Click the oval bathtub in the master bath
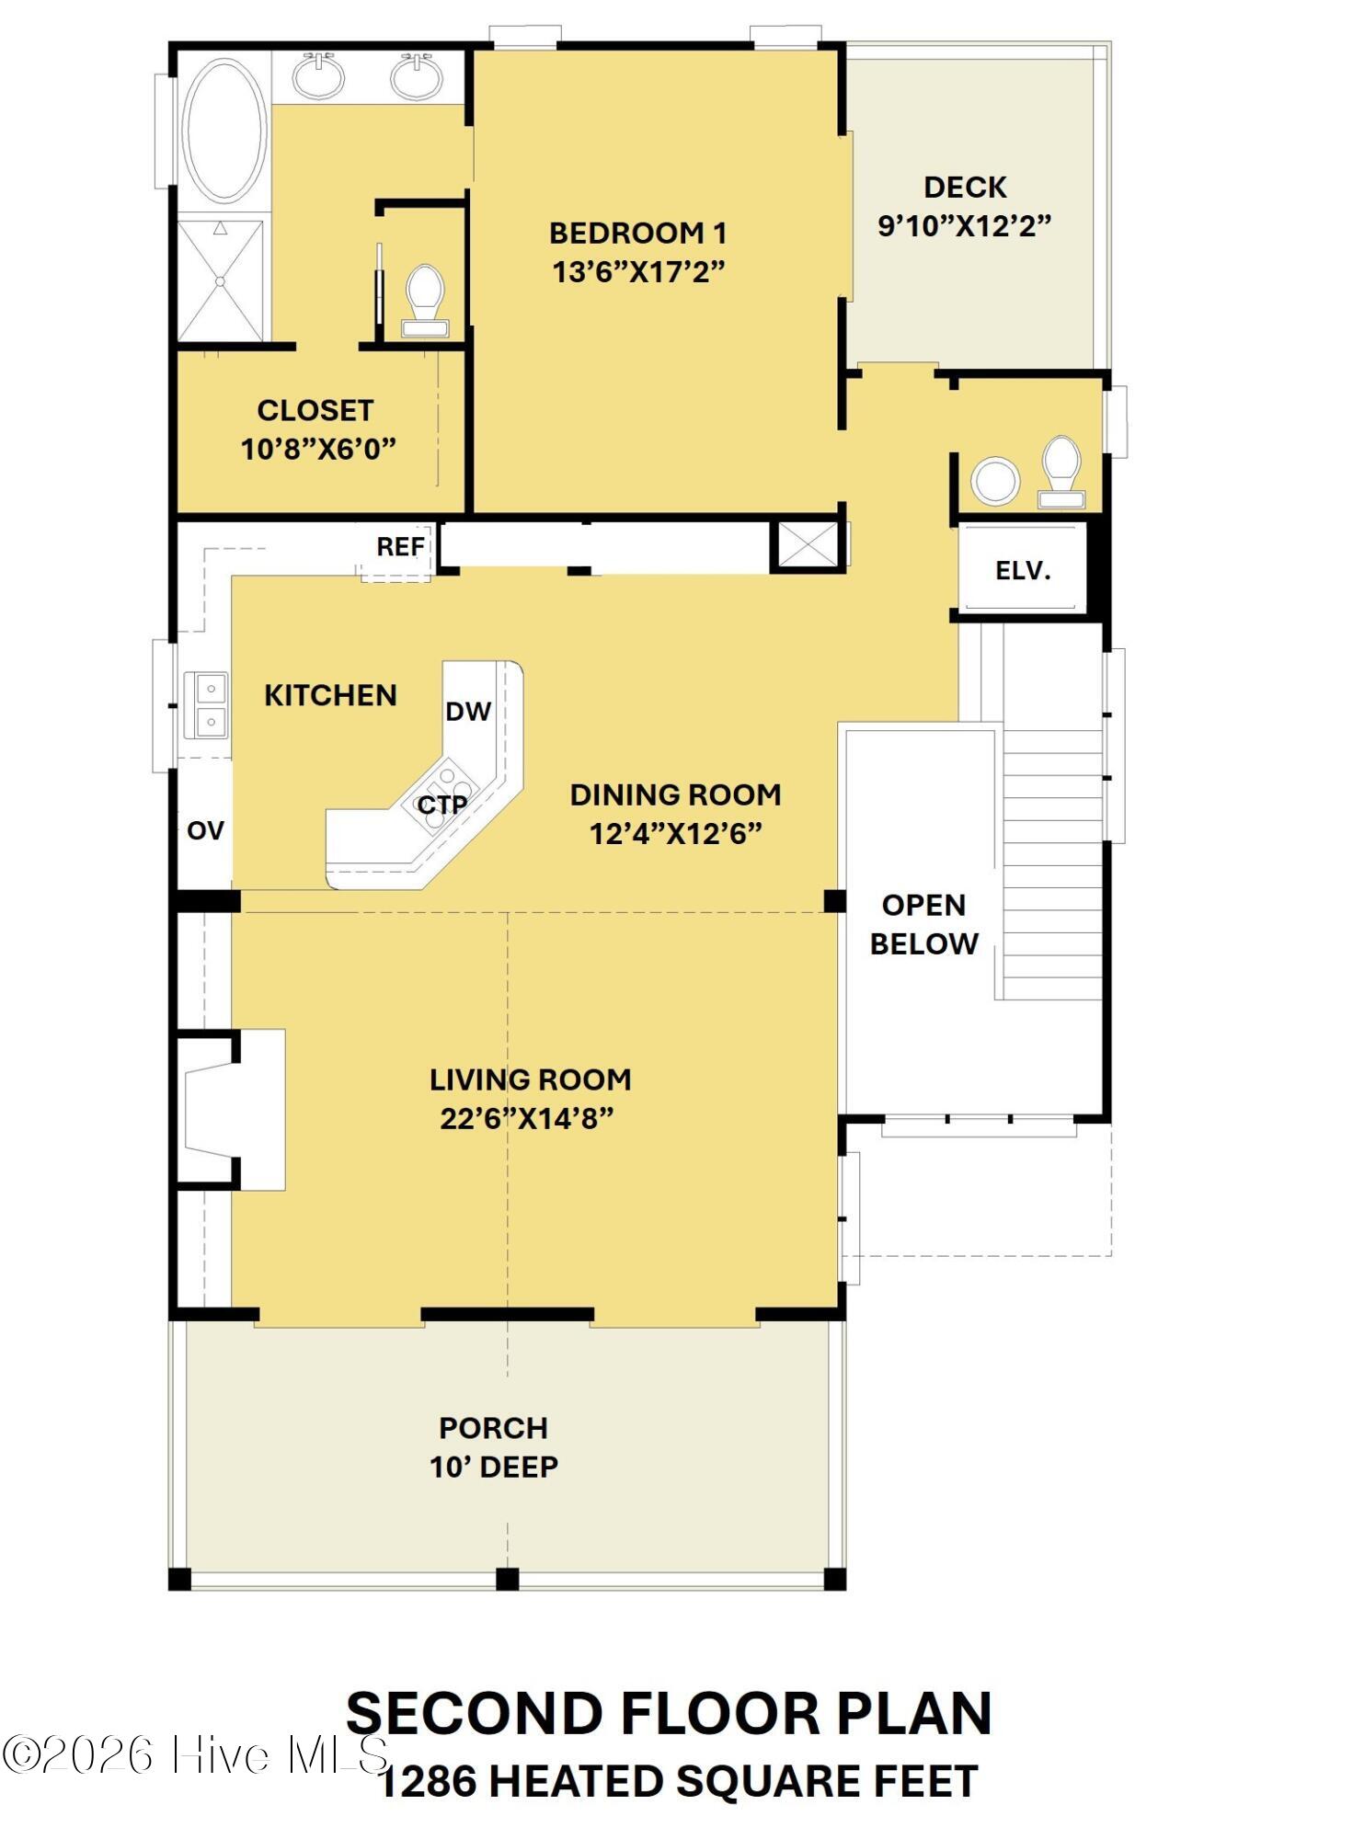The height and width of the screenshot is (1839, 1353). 224,131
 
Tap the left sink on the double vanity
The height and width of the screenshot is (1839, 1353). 319,77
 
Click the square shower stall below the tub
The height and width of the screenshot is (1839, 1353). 220,280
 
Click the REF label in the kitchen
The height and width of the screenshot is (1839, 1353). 401,547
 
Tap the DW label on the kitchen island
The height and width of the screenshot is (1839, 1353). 468,711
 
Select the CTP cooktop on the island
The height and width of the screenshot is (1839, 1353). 442,805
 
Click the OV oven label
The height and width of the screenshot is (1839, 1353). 205,830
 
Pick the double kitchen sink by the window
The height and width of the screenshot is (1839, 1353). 207,704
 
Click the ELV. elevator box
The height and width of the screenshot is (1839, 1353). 1022,570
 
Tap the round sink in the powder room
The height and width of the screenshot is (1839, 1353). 995,480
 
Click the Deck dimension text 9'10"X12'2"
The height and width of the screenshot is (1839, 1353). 964,225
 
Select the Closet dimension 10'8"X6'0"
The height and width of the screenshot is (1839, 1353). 317,450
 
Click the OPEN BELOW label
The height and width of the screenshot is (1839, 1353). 923,924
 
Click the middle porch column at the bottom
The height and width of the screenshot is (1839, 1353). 507,1579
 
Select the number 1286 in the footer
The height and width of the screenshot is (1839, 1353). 428,1781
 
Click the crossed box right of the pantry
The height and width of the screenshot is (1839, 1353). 808,544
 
